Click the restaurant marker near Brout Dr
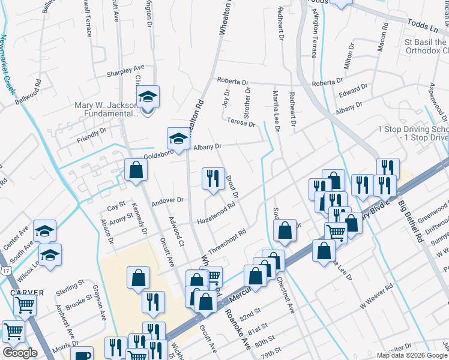[212, 178]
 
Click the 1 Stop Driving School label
[413, 134]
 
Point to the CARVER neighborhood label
[26, 293]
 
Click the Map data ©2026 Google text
[411, 355]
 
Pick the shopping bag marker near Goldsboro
[136, 170]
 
